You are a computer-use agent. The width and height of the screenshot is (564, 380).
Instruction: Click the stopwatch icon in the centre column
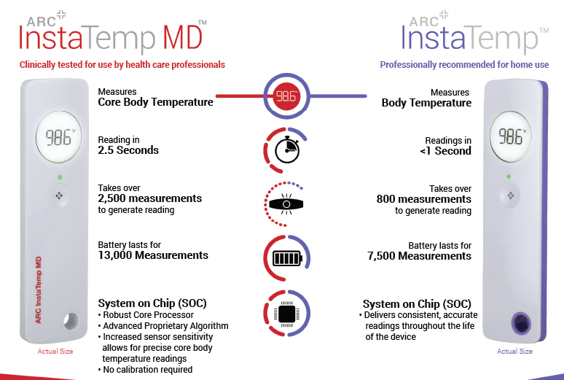pos(286,149)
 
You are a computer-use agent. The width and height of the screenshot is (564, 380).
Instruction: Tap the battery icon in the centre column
pos(286,259)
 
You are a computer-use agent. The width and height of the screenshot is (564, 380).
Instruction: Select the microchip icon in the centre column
pos(286,314)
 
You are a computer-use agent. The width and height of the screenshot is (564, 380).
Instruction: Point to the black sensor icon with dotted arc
pos(286,204)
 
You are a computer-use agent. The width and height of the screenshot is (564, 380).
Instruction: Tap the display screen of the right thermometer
pos(511,137)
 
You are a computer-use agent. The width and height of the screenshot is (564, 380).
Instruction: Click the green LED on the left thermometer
pos(58,177)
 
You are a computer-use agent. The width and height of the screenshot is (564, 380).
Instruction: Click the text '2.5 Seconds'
pos(128,151)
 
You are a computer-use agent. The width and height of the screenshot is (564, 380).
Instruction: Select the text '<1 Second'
pos(445,151)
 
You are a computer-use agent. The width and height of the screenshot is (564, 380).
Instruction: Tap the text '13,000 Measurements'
pos(153,255)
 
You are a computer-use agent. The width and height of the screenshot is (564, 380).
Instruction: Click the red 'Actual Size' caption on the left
pos(55,352)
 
